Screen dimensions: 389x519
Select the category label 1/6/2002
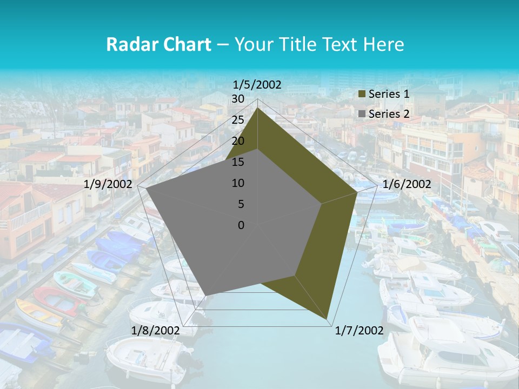(407, 184)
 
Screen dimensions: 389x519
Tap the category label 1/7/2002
(359, 330)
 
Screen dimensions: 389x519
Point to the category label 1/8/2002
(156, 330)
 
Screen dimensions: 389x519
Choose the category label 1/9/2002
(108, 184)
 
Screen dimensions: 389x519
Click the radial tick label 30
(238, 99)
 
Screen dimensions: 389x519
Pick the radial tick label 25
(238, 120)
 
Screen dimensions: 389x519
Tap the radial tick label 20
(238, 141)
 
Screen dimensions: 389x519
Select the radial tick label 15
(238, 162)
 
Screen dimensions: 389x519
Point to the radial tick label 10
(238, 183)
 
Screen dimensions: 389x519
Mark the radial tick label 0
(241, 225)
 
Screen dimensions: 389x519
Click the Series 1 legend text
(389, 94)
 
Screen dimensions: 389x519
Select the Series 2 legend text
(389, 114)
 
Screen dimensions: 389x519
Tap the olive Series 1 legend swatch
(362, 95)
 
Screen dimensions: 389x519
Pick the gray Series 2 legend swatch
(362, 115)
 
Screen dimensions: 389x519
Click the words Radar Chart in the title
(158, 44)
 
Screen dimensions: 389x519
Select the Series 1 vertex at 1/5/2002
(258, 108)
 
